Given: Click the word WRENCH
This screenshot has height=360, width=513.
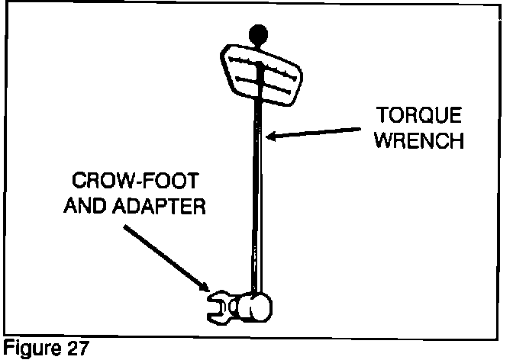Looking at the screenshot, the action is pos(419,141).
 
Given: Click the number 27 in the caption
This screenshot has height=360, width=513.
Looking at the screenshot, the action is pos(75,350).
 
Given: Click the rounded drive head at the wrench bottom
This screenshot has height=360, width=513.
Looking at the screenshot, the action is pos(255,307).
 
